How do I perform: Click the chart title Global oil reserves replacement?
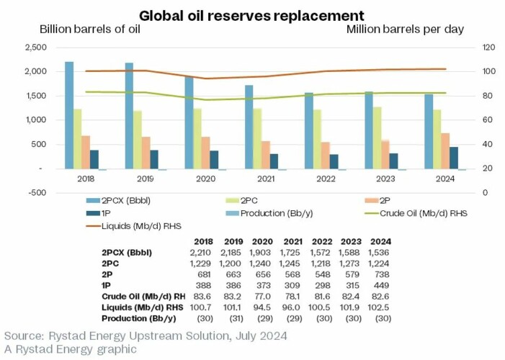point(251,15)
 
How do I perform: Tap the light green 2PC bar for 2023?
point(397,138)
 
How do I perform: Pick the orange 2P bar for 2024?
point(446,150)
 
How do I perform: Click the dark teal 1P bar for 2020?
point(213,160)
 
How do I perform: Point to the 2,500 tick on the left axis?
point(35,48)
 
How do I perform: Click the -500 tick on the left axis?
point(35,193)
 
